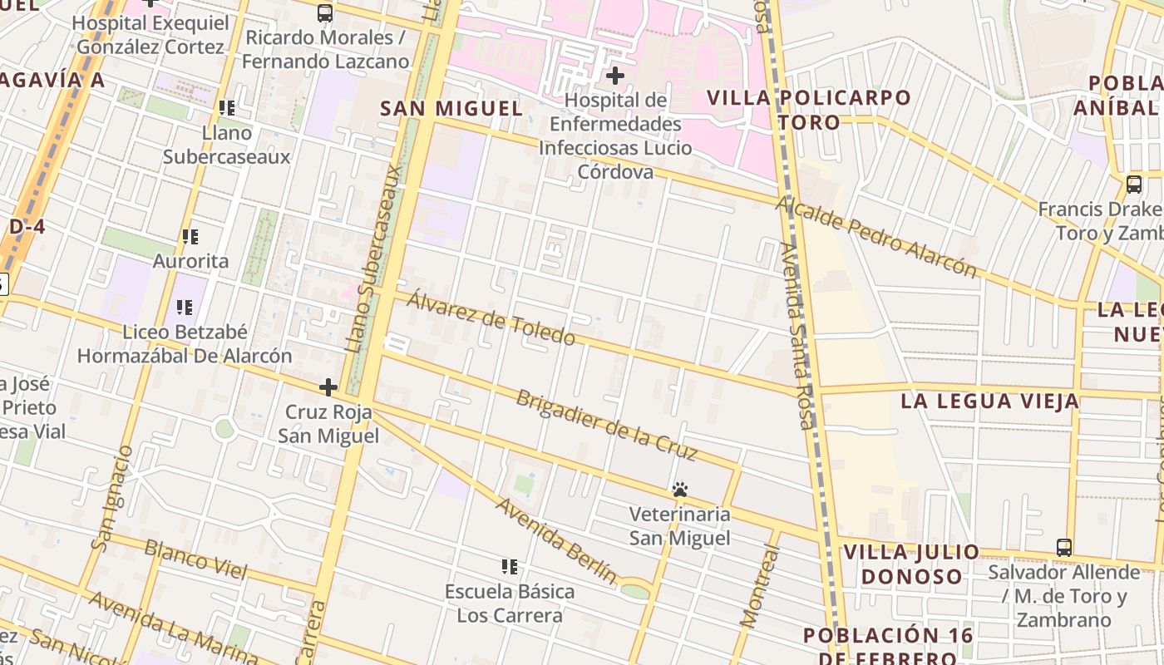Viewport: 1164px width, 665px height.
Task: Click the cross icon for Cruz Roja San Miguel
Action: click(328, 387)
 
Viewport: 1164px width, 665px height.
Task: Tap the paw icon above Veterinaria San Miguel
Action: click(680, 490)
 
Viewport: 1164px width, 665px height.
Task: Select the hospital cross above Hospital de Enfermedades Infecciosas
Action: click(615, 76)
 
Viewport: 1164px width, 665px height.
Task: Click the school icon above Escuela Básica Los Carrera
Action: click(510, 567)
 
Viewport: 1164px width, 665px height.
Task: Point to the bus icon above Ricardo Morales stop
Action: click(325, 13)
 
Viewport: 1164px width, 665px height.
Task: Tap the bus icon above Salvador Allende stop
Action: click(1063, 548)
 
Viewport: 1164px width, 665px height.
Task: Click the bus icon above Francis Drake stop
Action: click(1133, 185)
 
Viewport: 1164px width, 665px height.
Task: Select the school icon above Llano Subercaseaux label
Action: click(226, 108)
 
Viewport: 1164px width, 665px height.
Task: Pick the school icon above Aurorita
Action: click(190, 237)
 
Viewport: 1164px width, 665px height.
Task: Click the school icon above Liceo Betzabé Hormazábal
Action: click(185, 308)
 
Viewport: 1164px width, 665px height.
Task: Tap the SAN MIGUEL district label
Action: click(451, 109)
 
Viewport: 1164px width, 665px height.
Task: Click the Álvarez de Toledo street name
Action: click(491, 320)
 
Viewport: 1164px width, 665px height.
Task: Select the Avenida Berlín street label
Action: click(556, 540)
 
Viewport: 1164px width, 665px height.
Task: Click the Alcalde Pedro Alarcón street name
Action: click(877, 238)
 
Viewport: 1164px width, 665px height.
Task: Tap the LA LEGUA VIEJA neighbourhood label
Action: click(989, 401)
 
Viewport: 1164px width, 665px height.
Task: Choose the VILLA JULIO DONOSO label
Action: click(911, 564)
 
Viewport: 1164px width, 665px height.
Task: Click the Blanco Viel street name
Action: click(195, 559)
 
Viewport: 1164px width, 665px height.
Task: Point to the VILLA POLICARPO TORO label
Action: click(808, 110)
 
